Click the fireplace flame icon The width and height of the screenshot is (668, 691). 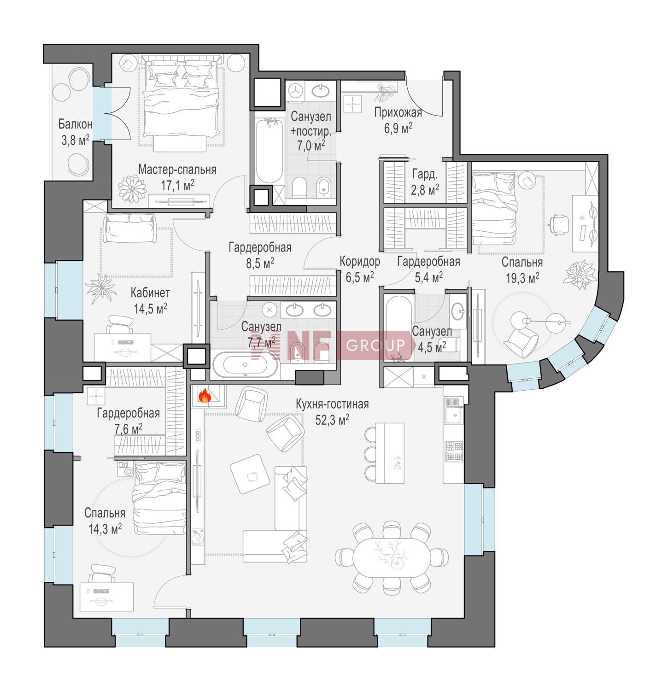tap(205, 396)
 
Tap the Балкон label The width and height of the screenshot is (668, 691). tap(76, 124)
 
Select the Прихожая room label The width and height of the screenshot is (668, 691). tap(398, 112)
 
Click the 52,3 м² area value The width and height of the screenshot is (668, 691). tap(332, 419)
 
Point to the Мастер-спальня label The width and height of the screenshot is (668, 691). tap(177, 170)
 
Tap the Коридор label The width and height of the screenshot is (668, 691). tap(360, 262)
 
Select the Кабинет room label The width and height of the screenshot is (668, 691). tap(150, 293)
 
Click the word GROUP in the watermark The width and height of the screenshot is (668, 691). tap(375, 345)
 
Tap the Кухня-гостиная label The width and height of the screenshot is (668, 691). tap(332, 404)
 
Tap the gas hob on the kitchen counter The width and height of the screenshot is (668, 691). tap(454, 452)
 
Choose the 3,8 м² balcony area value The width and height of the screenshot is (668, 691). tap(75, 140)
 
